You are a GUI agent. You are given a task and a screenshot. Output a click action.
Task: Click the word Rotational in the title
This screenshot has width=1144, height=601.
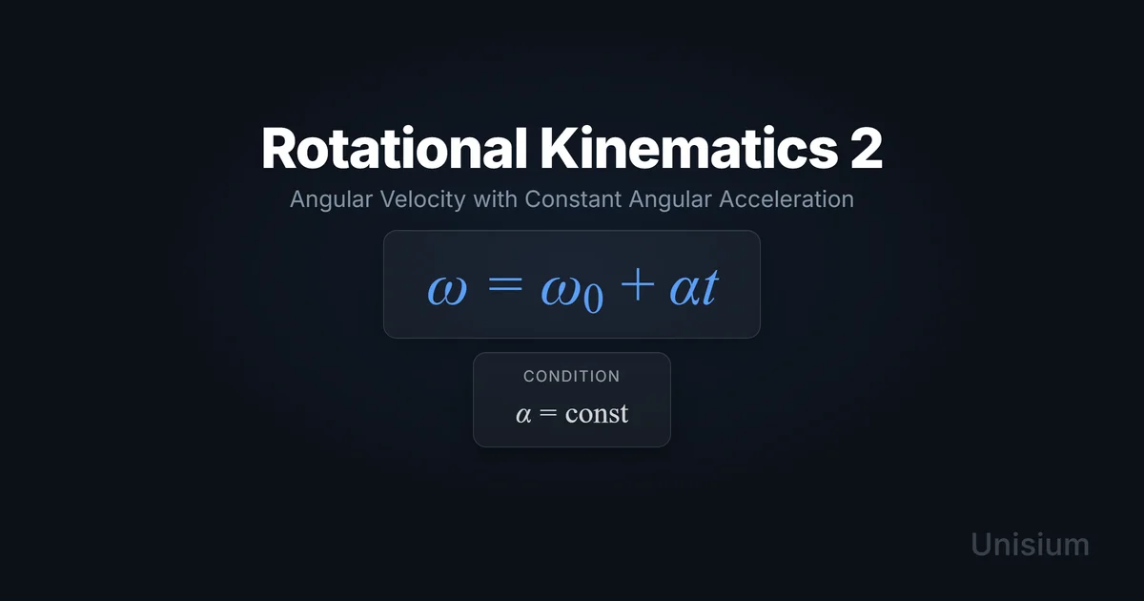(394, 148)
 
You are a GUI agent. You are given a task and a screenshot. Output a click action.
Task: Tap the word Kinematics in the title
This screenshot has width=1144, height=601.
(689, 148)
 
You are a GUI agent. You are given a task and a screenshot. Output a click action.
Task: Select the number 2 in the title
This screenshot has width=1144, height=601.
(867, 148)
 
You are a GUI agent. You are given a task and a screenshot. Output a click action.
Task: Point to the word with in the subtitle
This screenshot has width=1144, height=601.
(495, 198)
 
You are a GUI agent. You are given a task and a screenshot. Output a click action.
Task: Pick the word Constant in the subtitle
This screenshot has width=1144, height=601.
(573, 198)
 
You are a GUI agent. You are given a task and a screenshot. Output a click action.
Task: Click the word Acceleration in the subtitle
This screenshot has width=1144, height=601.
(786, 198)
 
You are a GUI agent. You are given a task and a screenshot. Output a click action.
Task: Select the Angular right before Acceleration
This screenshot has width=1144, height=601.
(670, 199)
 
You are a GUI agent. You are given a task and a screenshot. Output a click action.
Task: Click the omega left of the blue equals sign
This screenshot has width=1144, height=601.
(447, 290)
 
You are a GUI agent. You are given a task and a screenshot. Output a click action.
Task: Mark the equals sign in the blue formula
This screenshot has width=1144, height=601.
(505, 285)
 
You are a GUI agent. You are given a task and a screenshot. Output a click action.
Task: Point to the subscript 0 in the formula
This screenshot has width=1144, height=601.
(593, 299)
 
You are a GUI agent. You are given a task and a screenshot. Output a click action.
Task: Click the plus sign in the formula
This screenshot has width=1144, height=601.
(638, 284)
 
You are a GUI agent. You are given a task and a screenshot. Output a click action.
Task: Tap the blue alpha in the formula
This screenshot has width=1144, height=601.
(685, 290)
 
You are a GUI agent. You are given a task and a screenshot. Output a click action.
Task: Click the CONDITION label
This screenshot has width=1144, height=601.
(572, 376)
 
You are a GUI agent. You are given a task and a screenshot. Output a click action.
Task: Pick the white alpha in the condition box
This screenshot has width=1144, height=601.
(523, 414)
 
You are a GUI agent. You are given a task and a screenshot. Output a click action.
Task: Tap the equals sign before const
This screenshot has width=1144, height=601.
(548, 412)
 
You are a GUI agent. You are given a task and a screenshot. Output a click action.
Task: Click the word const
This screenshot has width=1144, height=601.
(597, 413)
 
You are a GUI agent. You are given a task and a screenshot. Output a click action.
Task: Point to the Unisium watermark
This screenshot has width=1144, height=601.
(1030, 545)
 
